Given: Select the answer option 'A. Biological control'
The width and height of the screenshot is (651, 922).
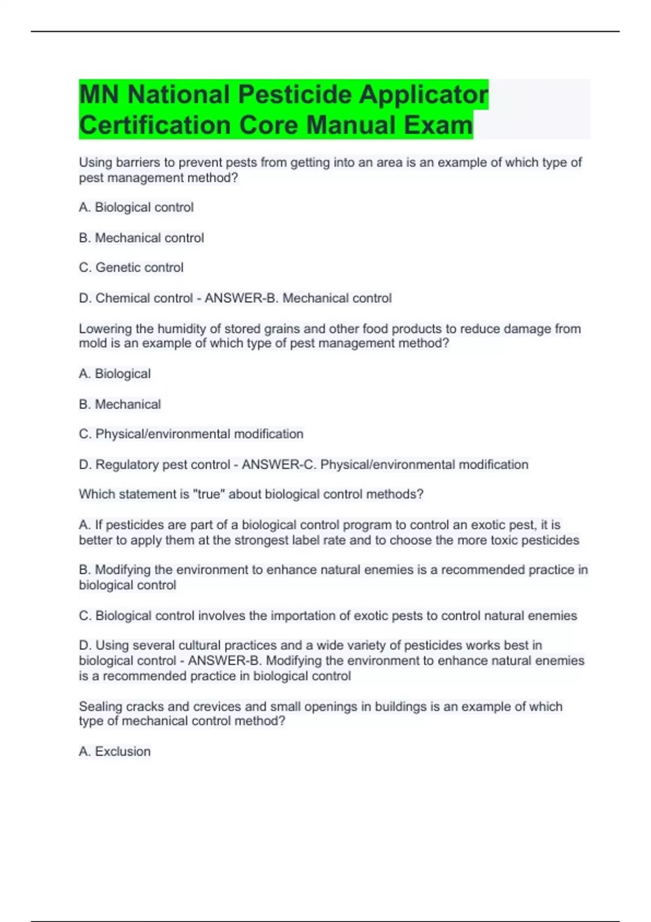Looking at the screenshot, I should [x=136, y=207].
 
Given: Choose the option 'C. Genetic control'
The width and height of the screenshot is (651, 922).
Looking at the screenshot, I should [x=131, y=267].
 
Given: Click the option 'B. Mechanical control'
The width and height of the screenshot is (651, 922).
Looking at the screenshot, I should [x=142, y=238].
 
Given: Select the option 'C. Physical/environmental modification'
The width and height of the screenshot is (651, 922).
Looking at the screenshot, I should [x=191, y=434].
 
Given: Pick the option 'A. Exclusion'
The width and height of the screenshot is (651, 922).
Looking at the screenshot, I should [x=114, y=751].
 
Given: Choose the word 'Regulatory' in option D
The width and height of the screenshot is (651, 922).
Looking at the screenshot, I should [x=126, y=464].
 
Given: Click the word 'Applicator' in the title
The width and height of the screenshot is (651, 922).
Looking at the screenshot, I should [x=423, y=94].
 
